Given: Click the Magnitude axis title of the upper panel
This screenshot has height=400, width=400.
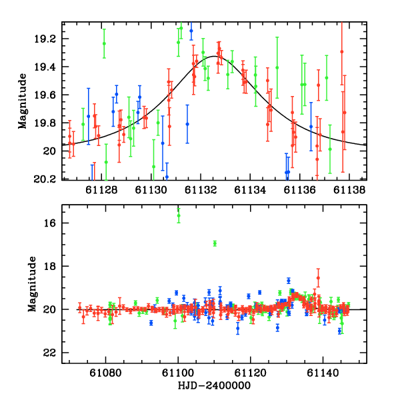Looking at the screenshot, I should [x=22, y=101].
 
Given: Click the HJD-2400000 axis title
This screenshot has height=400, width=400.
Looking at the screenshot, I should [x=214, y=387].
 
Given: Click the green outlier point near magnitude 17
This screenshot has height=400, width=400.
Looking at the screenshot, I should [x=215, y=243].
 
